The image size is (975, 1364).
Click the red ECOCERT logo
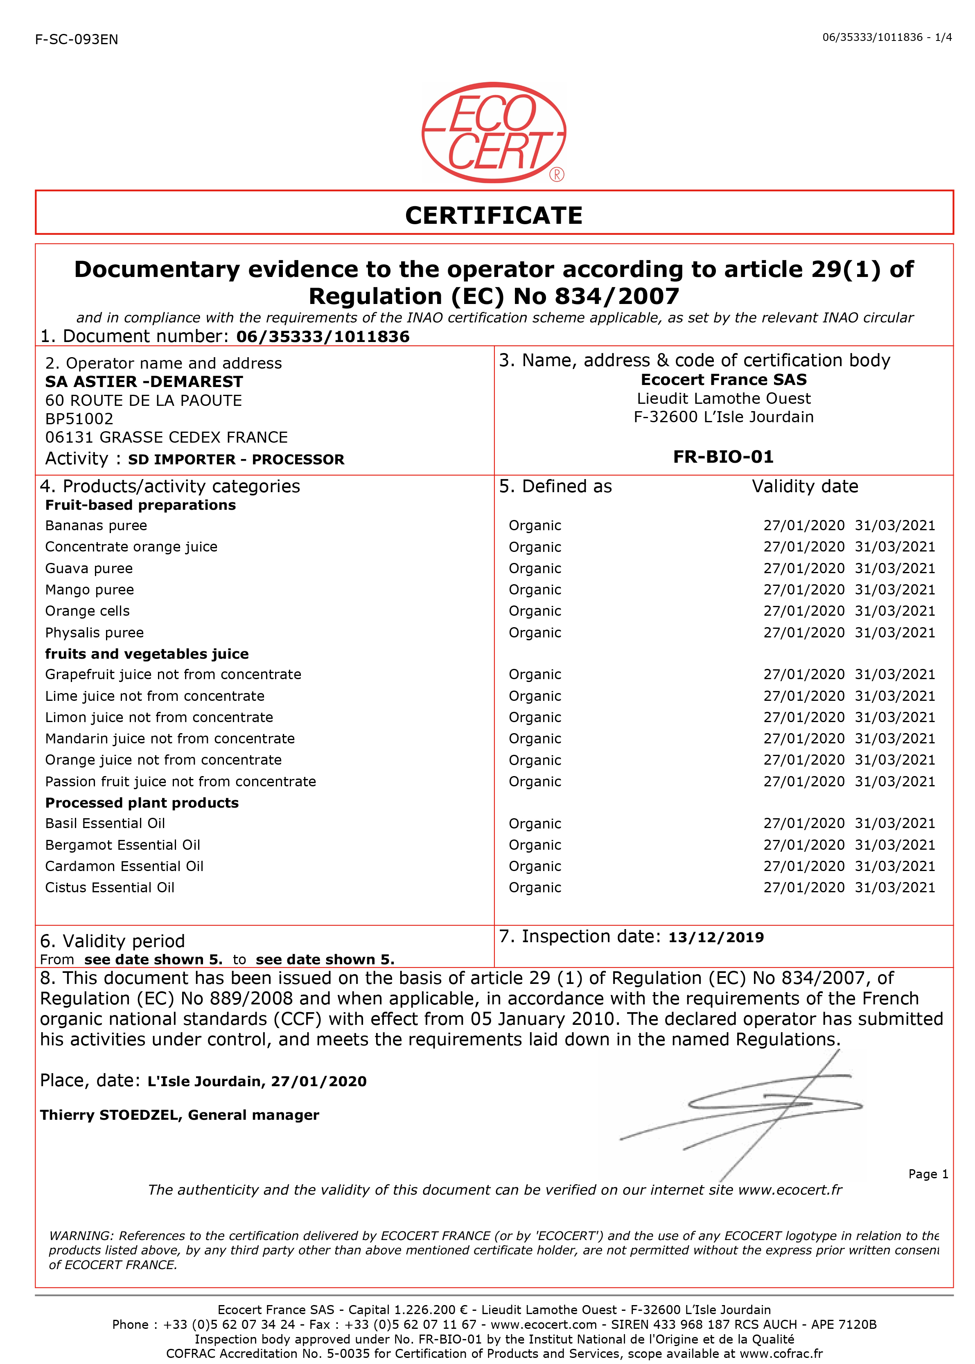[494, 132]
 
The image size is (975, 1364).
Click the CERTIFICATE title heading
[494, 216]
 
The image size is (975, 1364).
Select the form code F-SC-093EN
[77, 40]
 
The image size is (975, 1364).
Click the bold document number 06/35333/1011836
[323, 337]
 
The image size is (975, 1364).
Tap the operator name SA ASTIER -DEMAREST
[144, 382]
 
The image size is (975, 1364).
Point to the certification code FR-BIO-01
[723, 457]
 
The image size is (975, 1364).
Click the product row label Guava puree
[89, 568]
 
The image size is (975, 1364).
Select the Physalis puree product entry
[94, 632]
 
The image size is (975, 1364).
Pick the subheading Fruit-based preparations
[140, 505]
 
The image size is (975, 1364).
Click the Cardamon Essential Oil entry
[124, 866]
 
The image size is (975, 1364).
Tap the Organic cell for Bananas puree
[534, 526]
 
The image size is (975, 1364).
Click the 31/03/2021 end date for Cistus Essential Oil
[894, 887]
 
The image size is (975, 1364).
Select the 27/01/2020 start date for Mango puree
[803, 590]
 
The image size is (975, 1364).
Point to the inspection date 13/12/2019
[715, 937]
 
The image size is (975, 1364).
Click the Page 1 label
[928, 1174]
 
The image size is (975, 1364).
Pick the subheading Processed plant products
[142, 803]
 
